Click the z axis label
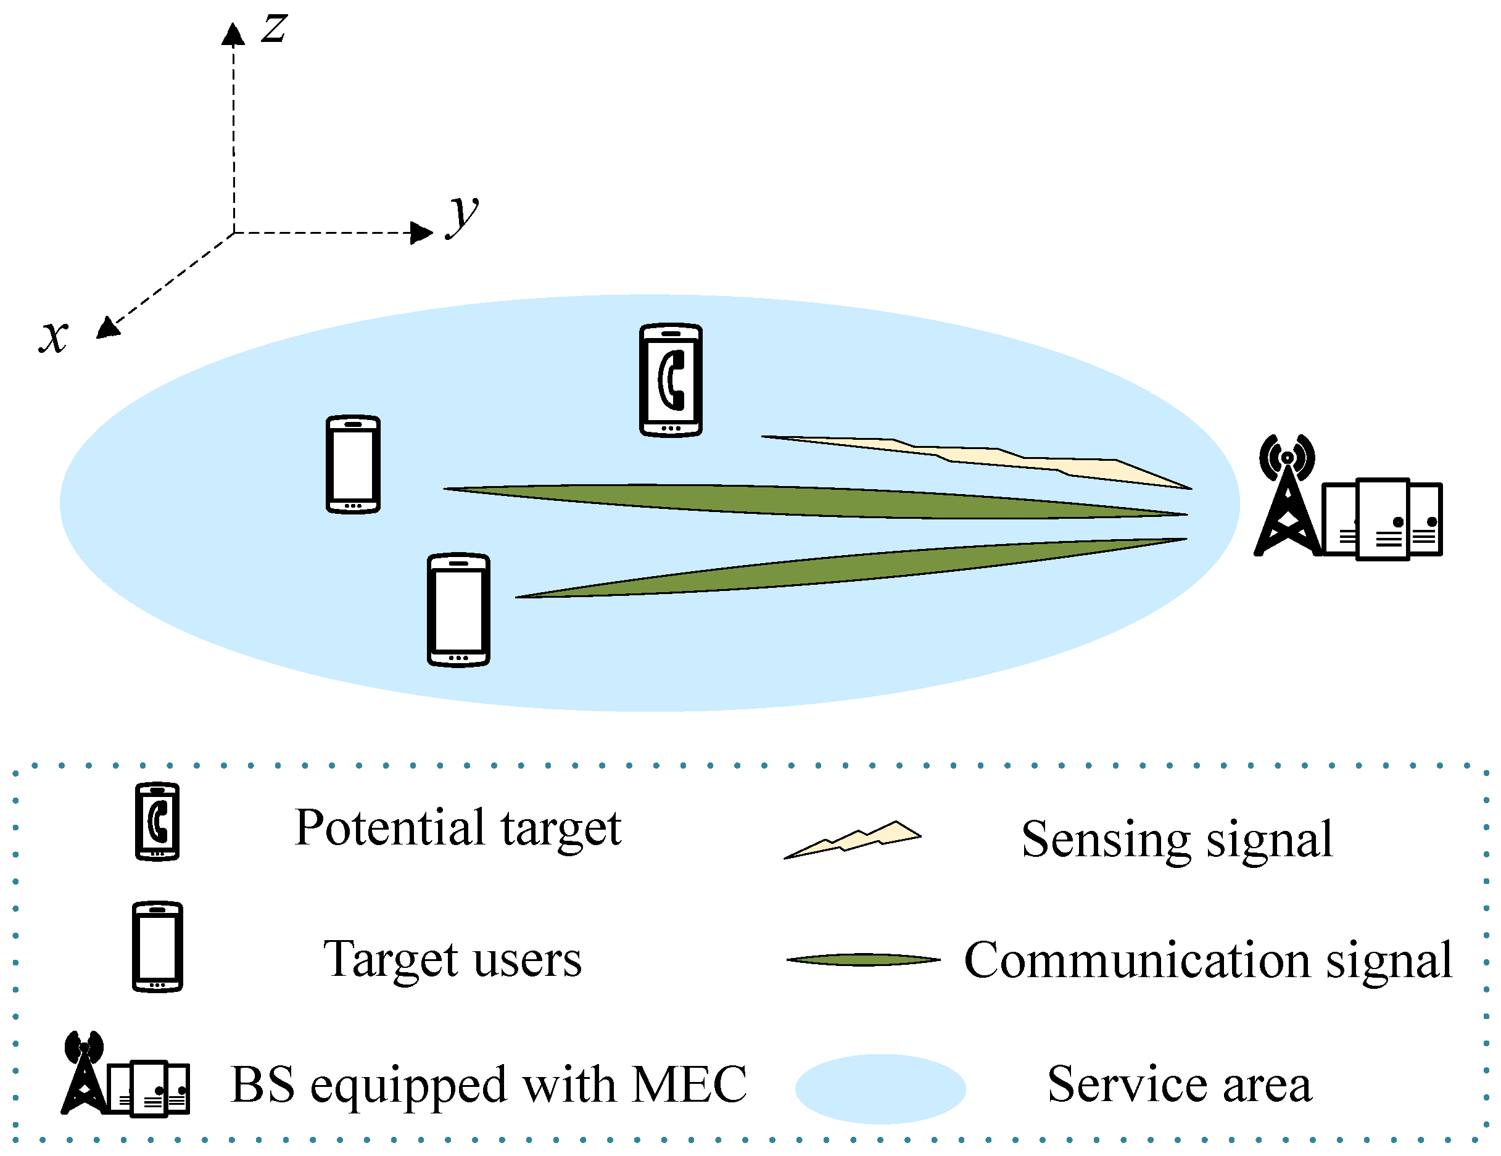tap(274, 29)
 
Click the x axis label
tap(54, 336)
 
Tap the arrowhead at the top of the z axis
tap(233, 35)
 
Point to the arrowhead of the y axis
tap(421, 233)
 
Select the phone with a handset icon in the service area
tap(670, 380)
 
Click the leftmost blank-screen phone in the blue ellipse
tap(352, 464)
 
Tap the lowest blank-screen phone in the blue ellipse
tap(458, 609)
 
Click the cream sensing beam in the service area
tap(996, 457)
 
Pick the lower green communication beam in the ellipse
tap(859, 567)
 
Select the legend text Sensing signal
tap(1176, 839)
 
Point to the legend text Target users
tap(452, 959)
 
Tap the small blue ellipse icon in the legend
tap(880, 1089)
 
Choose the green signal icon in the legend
tap(863, 959)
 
